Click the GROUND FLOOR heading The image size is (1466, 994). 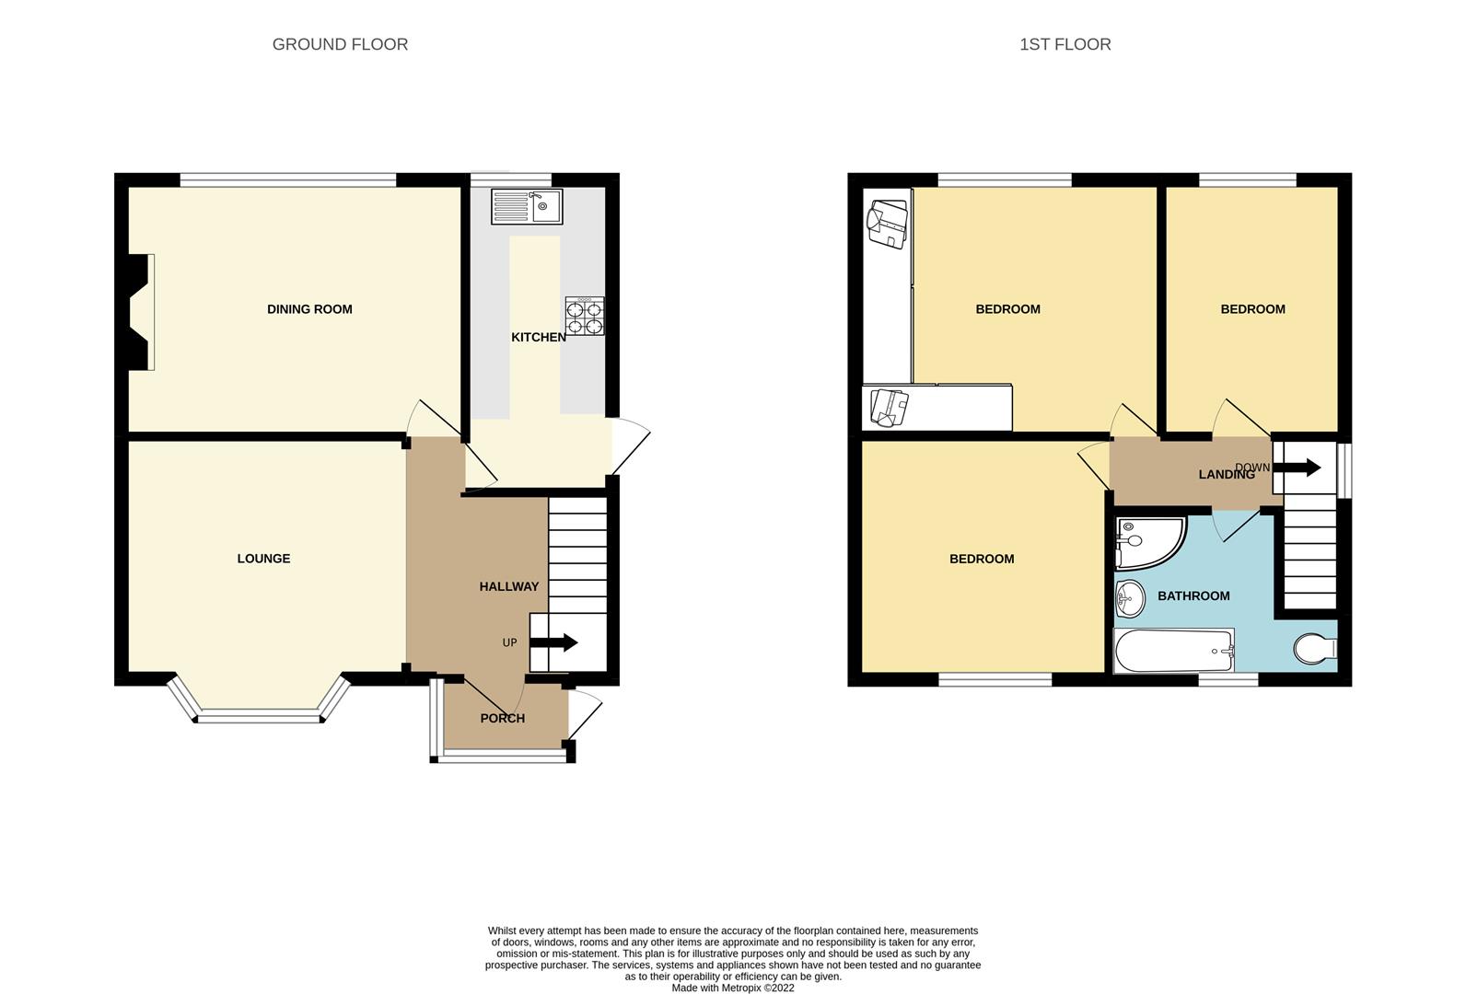coord(340,44)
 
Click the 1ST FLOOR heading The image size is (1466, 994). coord(1065,44)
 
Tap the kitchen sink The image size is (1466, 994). coord(526,206)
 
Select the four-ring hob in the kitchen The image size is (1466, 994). coord(585,316)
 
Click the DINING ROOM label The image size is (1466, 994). coord(309,309)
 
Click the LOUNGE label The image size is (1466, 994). coord(263,559)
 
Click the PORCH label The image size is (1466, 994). coord(502,718)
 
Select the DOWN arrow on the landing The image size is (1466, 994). coord(1299,468)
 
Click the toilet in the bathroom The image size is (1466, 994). coord(1314,649)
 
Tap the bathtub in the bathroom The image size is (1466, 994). coord(1173,651)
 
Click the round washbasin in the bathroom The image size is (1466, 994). coord(1128,599)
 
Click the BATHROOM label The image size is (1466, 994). coord(1193,596)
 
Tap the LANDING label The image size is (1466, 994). coord(1226,475)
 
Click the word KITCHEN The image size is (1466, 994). coord(539,338)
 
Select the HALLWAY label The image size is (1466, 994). coord(508,586)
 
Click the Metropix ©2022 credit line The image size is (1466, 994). coord(733,988)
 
